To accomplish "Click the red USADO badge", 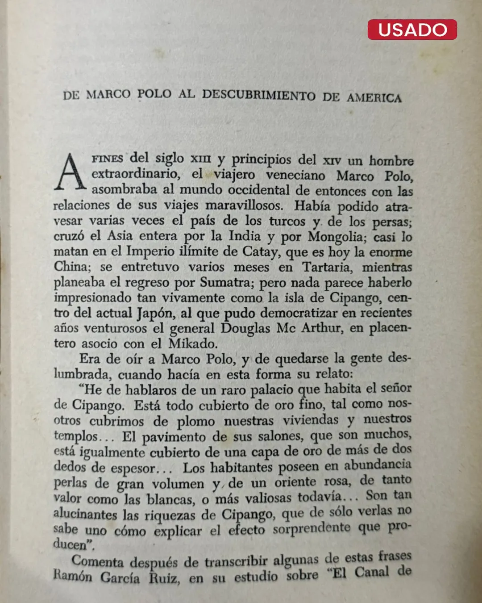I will coord(412,29).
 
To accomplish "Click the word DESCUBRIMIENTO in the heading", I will coord(259,95).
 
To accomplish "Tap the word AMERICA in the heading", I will coord(374,97).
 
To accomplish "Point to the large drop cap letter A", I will coord(70,172).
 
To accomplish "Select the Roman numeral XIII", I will coord(200,159).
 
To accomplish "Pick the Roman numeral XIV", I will coord(332,160).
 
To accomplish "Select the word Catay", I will coord(260,251).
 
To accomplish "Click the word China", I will coord(71,267).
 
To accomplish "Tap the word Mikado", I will coord(193,343).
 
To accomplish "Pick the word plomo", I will coord(196,421).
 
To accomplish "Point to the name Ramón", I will coord(73,576).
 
